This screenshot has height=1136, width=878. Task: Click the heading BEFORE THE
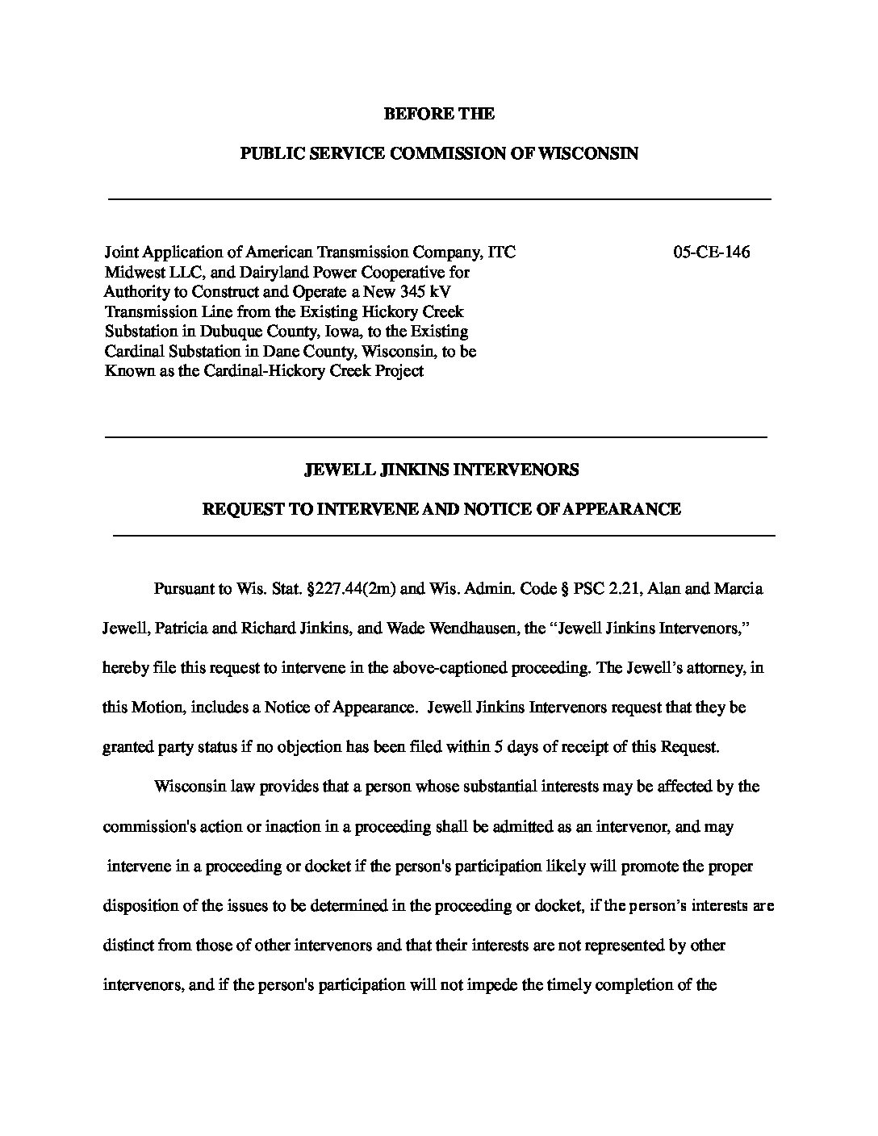tap(439, 114)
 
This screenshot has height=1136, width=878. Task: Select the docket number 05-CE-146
tap(711, 252)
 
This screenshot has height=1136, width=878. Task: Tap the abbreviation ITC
tap(500, 252)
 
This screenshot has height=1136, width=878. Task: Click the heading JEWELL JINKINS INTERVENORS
tap(440, 470)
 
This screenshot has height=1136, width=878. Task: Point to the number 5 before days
tap(500, 746)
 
